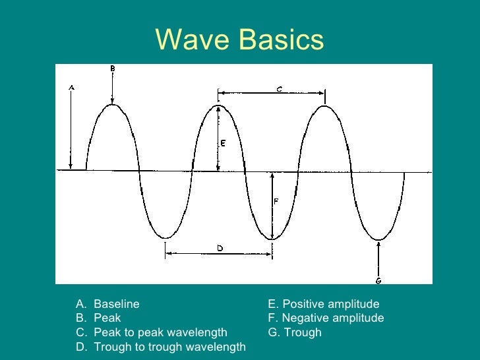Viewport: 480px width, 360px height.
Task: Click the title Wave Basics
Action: pos(240,41)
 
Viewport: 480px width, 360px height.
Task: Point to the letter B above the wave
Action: pos(113,68)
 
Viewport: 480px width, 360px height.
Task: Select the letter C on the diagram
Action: pos(280,88)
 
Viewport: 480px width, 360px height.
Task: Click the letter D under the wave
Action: pos(220,247)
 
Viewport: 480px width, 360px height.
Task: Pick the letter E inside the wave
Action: pos(223,144)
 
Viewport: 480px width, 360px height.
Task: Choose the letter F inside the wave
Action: pos(276,202)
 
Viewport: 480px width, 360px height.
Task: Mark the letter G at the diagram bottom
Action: pos(378,280)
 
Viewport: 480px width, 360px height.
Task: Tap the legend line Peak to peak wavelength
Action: pos(160,332)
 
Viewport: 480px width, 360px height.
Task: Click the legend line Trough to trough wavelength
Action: pos(169,347)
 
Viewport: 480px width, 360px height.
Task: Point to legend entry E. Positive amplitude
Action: pos(323,304)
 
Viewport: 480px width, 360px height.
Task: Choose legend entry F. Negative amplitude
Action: pos(326,318)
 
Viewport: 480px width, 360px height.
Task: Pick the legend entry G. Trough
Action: pos(294,332)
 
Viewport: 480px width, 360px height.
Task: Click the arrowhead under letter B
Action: pos(113,101)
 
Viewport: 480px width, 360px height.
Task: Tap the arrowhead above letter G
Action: pos(378,243)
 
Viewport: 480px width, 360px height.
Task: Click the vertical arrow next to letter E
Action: pos(218,138)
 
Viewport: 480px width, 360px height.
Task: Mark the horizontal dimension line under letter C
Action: pos(271,93)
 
